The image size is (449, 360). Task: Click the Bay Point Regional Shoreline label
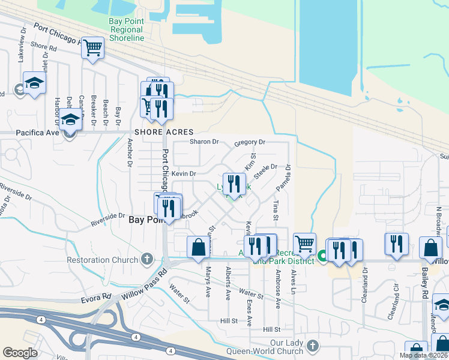pos(127,29)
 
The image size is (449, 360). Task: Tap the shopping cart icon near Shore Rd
pos(92,48)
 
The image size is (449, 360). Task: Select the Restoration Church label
pos(103,260)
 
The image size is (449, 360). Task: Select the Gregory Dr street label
pos(250,142)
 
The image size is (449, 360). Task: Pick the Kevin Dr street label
pos(184,173)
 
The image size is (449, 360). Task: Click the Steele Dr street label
pos(265,171)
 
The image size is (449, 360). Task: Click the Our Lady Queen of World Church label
pos(281,347)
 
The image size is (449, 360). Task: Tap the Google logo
pos(20,353)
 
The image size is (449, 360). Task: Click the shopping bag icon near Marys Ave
pos(198,248)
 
